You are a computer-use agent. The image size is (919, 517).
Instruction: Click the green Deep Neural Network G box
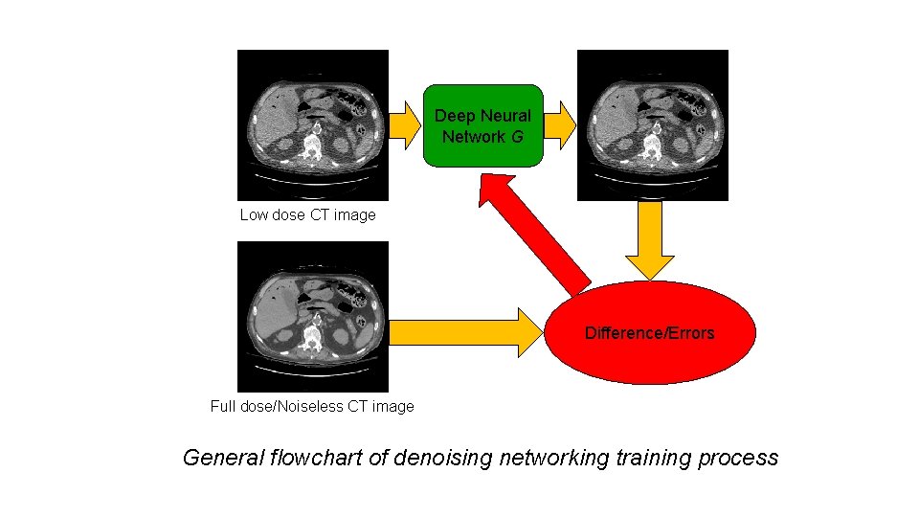(482, 125)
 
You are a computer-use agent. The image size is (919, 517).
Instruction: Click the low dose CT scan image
(312, 124)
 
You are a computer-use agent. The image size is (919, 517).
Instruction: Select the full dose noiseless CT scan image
(312, 316)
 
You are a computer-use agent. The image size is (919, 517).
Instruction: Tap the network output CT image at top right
(652, 124)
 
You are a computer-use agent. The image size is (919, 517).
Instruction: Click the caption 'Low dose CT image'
(307, 214)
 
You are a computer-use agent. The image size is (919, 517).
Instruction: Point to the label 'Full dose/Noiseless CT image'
(312, 406)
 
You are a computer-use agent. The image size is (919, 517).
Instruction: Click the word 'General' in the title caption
(222, 458)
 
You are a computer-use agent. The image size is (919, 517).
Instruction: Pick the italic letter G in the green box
(517, 137)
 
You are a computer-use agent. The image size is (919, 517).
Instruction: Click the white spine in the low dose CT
(310, 146)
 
